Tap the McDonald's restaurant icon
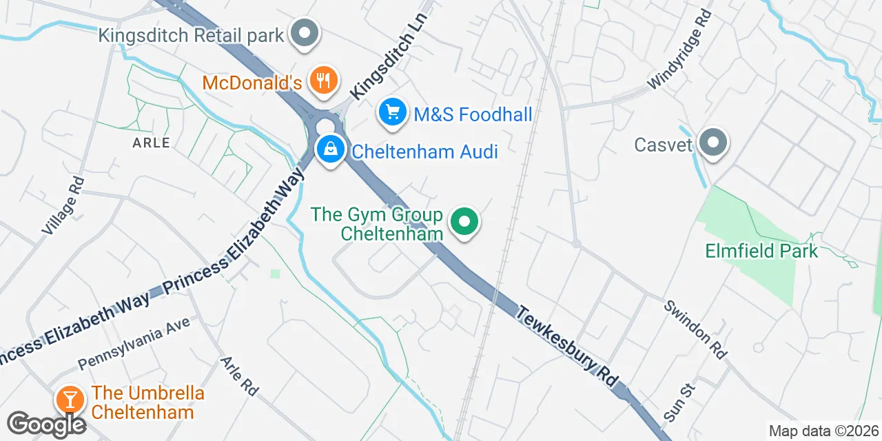(x=322, y=80)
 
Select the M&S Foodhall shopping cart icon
(x=393, y=112)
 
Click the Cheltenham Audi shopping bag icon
(x=331, y=149)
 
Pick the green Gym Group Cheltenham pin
(x=464, y=223)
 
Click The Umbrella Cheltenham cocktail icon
(x=70, y=399)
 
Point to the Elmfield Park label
(x=761, y=250)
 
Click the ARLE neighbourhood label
(x=151, y=143)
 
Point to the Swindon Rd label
(x=695, y=330)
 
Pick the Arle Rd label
(x=239, y=376)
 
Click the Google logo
(x=47, y=424)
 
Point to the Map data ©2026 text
(x=823, y=431)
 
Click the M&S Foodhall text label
(x=473, y=114)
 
